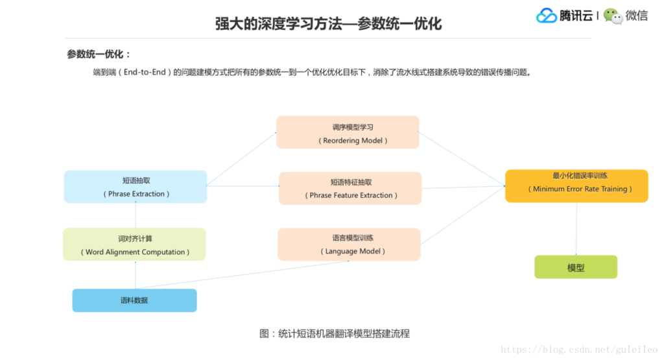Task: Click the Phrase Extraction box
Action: click(x=136, y=187)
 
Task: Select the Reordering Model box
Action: click(x=348, y=132)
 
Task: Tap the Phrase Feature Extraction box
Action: click(x=350, y=188)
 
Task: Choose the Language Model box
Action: click(x=349, y=244)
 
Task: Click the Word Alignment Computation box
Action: click(x=134, y=245)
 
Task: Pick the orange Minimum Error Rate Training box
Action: click(x=576, y=186)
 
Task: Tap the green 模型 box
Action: click(x=576, y=267)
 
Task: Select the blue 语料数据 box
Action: click(x=134, y=300)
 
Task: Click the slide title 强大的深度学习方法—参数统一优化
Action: click(x=328, y=24)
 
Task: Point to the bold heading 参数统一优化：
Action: click(x=99, y=54)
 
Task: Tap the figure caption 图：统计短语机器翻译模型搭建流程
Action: click(x=335, y=333)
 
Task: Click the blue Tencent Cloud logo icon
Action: click(x=547, y=16)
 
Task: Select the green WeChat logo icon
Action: click(x=613, y=16)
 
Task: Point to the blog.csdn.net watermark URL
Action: click(x=579, y=350)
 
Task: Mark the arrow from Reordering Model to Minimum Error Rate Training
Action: click(x=462, y=159)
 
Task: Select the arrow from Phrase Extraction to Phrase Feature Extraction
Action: click(x=243, y=186)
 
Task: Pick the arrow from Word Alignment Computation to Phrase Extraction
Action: click(x=135, y=215)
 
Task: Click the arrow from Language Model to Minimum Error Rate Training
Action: click(x=462, y=215)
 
